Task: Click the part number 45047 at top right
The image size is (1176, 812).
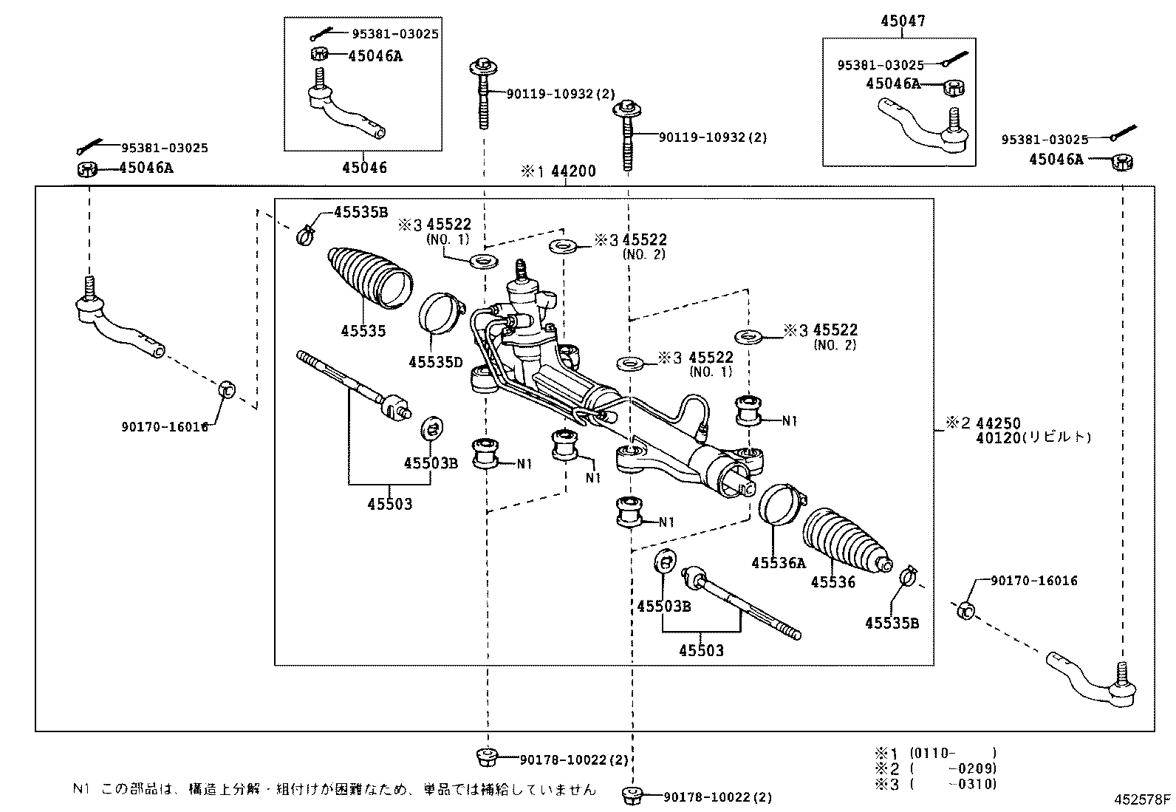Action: [902, 21]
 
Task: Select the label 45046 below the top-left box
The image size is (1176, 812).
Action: [364, 168]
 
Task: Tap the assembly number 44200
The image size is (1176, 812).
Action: [573, 171]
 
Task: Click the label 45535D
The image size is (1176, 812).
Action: [436, 361]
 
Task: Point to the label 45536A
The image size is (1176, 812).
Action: [778, 563]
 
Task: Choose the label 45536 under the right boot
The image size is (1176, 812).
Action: [833, 582]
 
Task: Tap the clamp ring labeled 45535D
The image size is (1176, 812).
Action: [441, 313]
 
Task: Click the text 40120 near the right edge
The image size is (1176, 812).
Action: [997, 437]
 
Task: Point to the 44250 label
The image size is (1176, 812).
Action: [998, 423]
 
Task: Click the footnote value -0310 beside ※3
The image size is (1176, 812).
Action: [976, 784]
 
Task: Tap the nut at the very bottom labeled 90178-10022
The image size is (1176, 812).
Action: [632, 796]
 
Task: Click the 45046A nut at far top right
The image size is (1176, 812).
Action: [1123, 160]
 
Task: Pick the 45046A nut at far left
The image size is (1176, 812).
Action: [87, 169]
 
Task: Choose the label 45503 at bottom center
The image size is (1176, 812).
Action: [701, 651]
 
